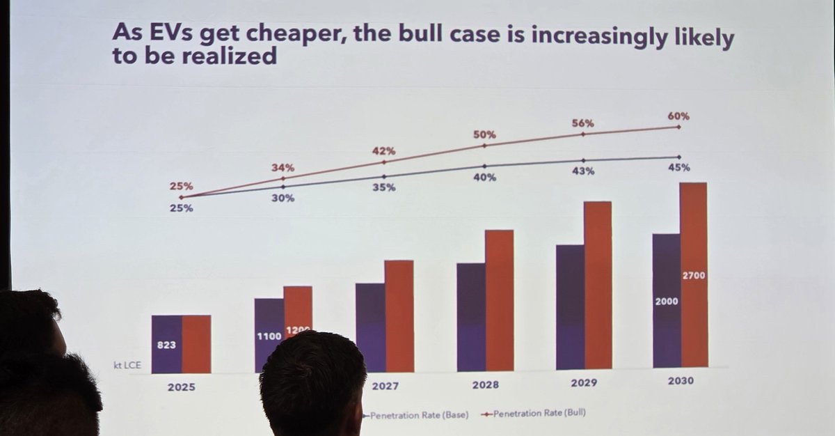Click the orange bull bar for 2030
[693, 230]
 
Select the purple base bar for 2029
[570, 306]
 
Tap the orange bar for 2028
[499, 299]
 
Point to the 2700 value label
[693, 276]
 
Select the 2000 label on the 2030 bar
[666, 302]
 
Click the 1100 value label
[268, 336]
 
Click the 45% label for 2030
[679, 167]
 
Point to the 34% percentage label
[283, 168]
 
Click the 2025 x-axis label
[181, 387]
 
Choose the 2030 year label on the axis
[679, 381]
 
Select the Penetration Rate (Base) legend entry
[418, 414]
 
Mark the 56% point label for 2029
[583, 123]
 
